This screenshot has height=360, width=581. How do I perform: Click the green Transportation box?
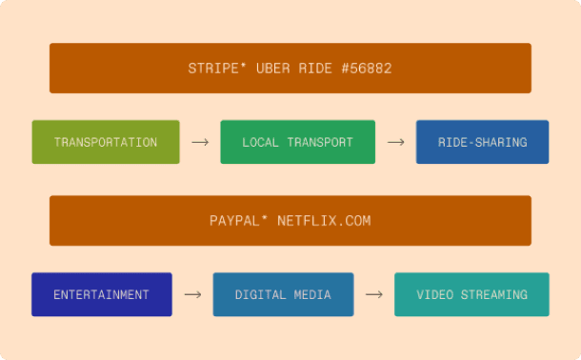coord(106,142)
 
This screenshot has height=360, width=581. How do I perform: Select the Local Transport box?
coord(297,142)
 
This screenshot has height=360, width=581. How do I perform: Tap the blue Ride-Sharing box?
coord(482,142)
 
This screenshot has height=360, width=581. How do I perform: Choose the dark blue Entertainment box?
coord(102,294)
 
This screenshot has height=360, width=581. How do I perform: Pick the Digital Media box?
coord(283,294)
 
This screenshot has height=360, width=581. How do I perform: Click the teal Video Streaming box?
coord(471,294)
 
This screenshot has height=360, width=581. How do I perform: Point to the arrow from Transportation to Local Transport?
coord(200,142)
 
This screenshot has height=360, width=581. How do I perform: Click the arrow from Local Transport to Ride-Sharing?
coord(395,142)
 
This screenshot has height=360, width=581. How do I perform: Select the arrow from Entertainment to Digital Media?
coord(192,294)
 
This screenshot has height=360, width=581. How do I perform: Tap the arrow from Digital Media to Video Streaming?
coord(374,294)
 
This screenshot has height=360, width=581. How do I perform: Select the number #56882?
coord(365,69)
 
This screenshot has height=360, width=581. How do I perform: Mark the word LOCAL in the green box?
coord(260,142)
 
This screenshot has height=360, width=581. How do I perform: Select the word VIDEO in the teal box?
coord(436,294)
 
